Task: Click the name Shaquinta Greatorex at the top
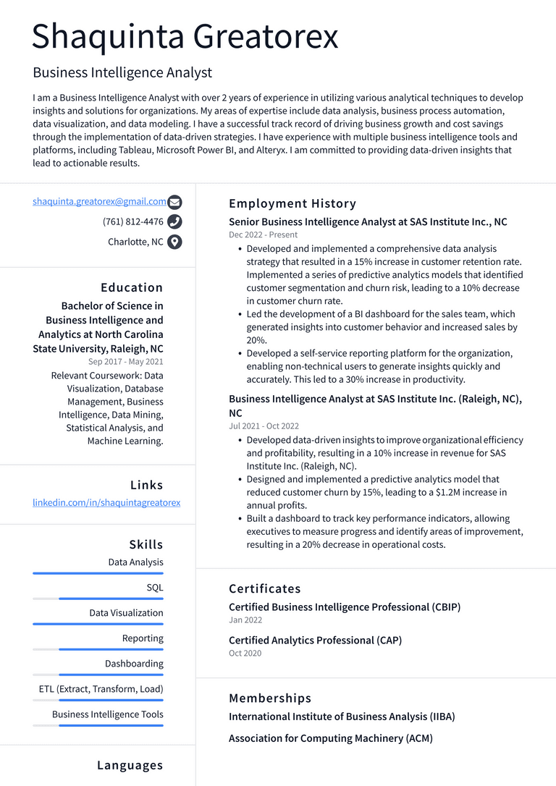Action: tap(185, 36)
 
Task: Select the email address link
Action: tap(99, 202)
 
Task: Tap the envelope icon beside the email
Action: tap(174, 203)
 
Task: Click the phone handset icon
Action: tap(174, 222)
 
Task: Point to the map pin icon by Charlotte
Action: tap(174, 242)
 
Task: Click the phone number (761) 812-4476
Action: tap(133, 222)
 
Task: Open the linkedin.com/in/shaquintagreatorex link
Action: tap(106, 502)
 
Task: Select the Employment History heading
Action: tap(292, 203)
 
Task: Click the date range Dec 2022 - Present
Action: tap(263, 235)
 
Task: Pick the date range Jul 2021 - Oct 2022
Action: tap(264, 426)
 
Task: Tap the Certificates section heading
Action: tap(265, 588)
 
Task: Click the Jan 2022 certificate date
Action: tap(245, 620)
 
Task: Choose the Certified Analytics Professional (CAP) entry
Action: tap(315, 641)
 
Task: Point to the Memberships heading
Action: tap(270, 698)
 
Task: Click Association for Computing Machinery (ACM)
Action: tap(331, 738)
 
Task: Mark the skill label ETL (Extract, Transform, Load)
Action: tap(101, 689)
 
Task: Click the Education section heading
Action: tap(132, 287)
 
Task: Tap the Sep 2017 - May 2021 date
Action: tap(126, 362)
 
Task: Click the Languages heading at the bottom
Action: tap(130, 765)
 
